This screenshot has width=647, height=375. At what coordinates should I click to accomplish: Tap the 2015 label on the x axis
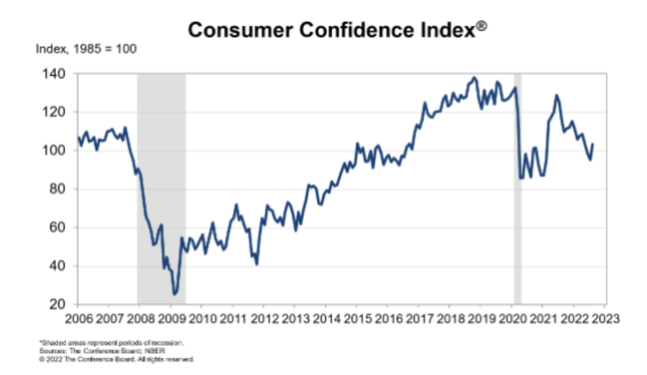click(354, 319)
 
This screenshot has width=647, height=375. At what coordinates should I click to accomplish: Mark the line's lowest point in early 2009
click(174, 294)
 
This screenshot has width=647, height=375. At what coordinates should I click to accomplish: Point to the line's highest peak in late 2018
click(474, 77)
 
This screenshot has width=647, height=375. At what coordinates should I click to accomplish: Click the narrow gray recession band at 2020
click(518, 213)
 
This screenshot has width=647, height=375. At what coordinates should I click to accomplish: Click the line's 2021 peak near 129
click(556, 95)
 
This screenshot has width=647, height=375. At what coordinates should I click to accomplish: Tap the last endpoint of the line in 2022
click(593, 144)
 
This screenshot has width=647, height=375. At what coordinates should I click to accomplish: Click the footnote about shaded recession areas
click(112, 344)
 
